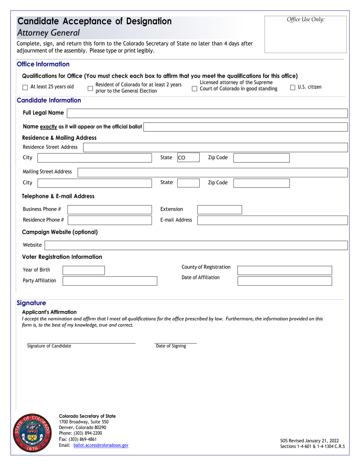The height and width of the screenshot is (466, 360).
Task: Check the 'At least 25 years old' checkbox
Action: [x=25, y=87]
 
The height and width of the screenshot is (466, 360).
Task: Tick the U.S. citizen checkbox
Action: [x=293, y=88]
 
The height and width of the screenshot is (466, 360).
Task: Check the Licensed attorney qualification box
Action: [x=194, y=89]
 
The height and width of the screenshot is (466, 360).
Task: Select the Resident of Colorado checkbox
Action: [x=90, y=88]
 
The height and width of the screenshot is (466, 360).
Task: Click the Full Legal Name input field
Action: [x=207, y=113]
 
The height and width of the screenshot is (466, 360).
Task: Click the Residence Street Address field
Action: [x=215, y=147]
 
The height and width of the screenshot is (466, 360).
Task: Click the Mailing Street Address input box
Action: [x=212, y=172]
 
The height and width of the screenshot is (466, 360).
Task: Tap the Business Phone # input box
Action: [x=109, y=210]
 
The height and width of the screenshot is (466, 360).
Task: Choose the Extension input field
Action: [x=219, y=210]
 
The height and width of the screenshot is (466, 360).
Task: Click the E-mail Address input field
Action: [x=272, y=220]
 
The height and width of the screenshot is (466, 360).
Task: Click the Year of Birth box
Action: [x=83, y=270]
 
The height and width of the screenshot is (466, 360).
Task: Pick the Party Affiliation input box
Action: [x=110, y=281]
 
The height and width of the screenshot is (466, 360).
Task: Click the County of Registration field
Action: [x=284, y=270]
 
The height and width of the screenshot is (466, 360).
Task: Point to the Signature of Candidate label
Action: [x=49, y=346]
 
